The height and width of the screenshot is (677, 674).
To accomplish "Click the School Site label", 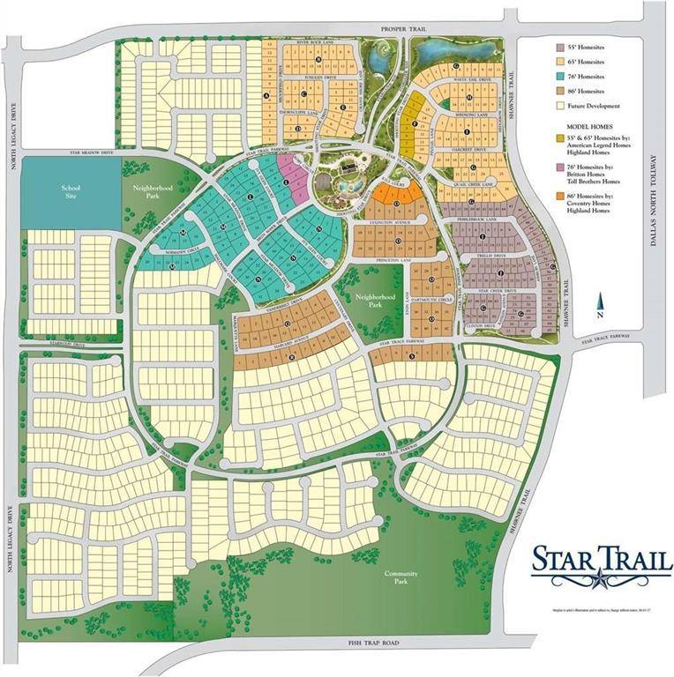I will [71, 192].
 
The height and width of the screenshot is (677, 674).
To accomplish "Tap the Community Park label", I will [401, 577].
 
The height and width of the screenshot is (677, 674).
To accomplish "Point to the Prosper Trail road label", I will [404, 29].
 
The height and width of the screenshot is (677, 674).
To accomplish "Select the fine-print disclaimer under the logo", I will [602, 610].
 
